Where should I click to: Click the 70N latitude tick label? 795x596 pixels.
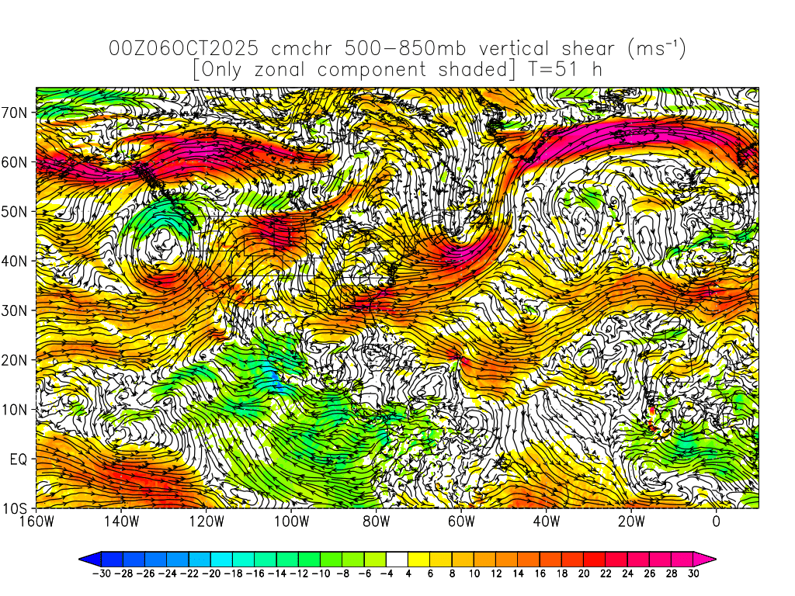16,113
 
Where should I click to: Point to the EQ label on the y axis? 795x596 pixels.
19,459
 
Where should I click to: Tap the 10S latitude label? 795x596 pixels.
16,509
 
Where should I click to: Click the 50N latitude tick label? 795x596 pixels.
16,212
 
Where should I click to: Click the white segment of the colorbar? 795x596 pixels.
397,559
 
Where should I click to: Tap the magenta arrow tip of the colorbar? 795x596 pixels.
710,559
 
